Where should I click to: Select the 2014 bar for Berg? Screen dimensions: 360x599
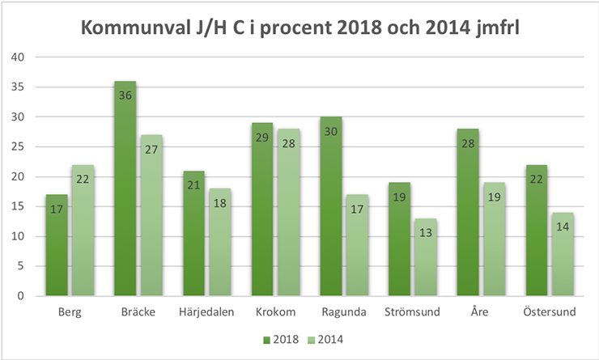83,230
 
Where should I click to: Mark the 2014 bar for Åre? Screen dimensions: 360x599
495,239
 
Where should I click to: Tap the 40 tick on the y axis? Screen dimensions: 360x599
19,57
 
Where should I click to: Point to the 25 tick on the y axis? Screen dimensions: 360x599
19,147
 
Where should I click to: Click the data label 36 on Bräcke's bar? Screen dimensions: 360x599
125,95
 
